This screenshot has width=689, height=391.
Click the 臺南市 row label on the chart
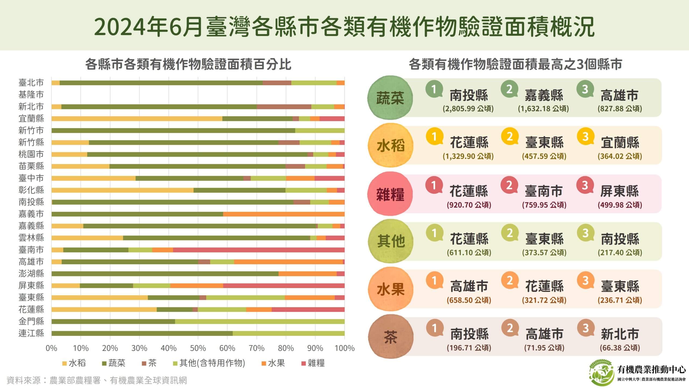(x=31, y=250)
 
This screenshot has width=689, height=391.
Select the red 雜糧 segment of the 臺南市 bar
(x=258, y=250)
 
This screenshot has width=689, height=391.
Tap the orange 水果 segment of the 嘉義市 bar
(x=284, y=214)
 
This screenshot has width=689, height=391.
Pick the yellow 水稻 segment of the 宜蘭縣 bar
(x=137, y=118)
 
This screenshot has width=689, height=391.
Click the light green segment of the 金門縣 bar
(x=259, y=321)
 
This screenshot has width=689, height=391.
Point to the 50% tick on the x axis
(x=198, y=348)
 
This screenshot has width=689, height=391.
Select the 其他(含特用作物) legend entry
(x=209, y=363)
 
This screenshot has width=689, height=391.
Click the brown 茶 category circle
(x=390, y=337)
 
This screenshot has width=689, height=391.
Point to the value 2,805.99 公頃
(x=468, y=109)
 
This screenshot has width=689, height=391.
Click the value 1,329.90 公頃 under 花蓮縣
(x=468, y=156)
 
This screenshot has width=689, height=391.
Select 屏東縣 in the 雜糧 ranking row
(x=620, y=191)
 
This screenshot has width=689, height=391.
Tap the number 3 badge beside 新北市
(x=585, y=328)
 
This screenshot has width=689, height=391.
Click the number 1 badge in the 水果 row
(x=434, y=281)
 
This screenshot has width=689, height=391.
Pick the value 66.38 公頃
(x=620, y=348)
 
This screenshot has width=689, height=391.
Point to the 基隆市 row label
(x=31, y=95)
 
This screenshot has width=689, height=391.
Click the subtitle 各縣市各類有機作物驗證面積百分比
(x=188, y=65)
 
